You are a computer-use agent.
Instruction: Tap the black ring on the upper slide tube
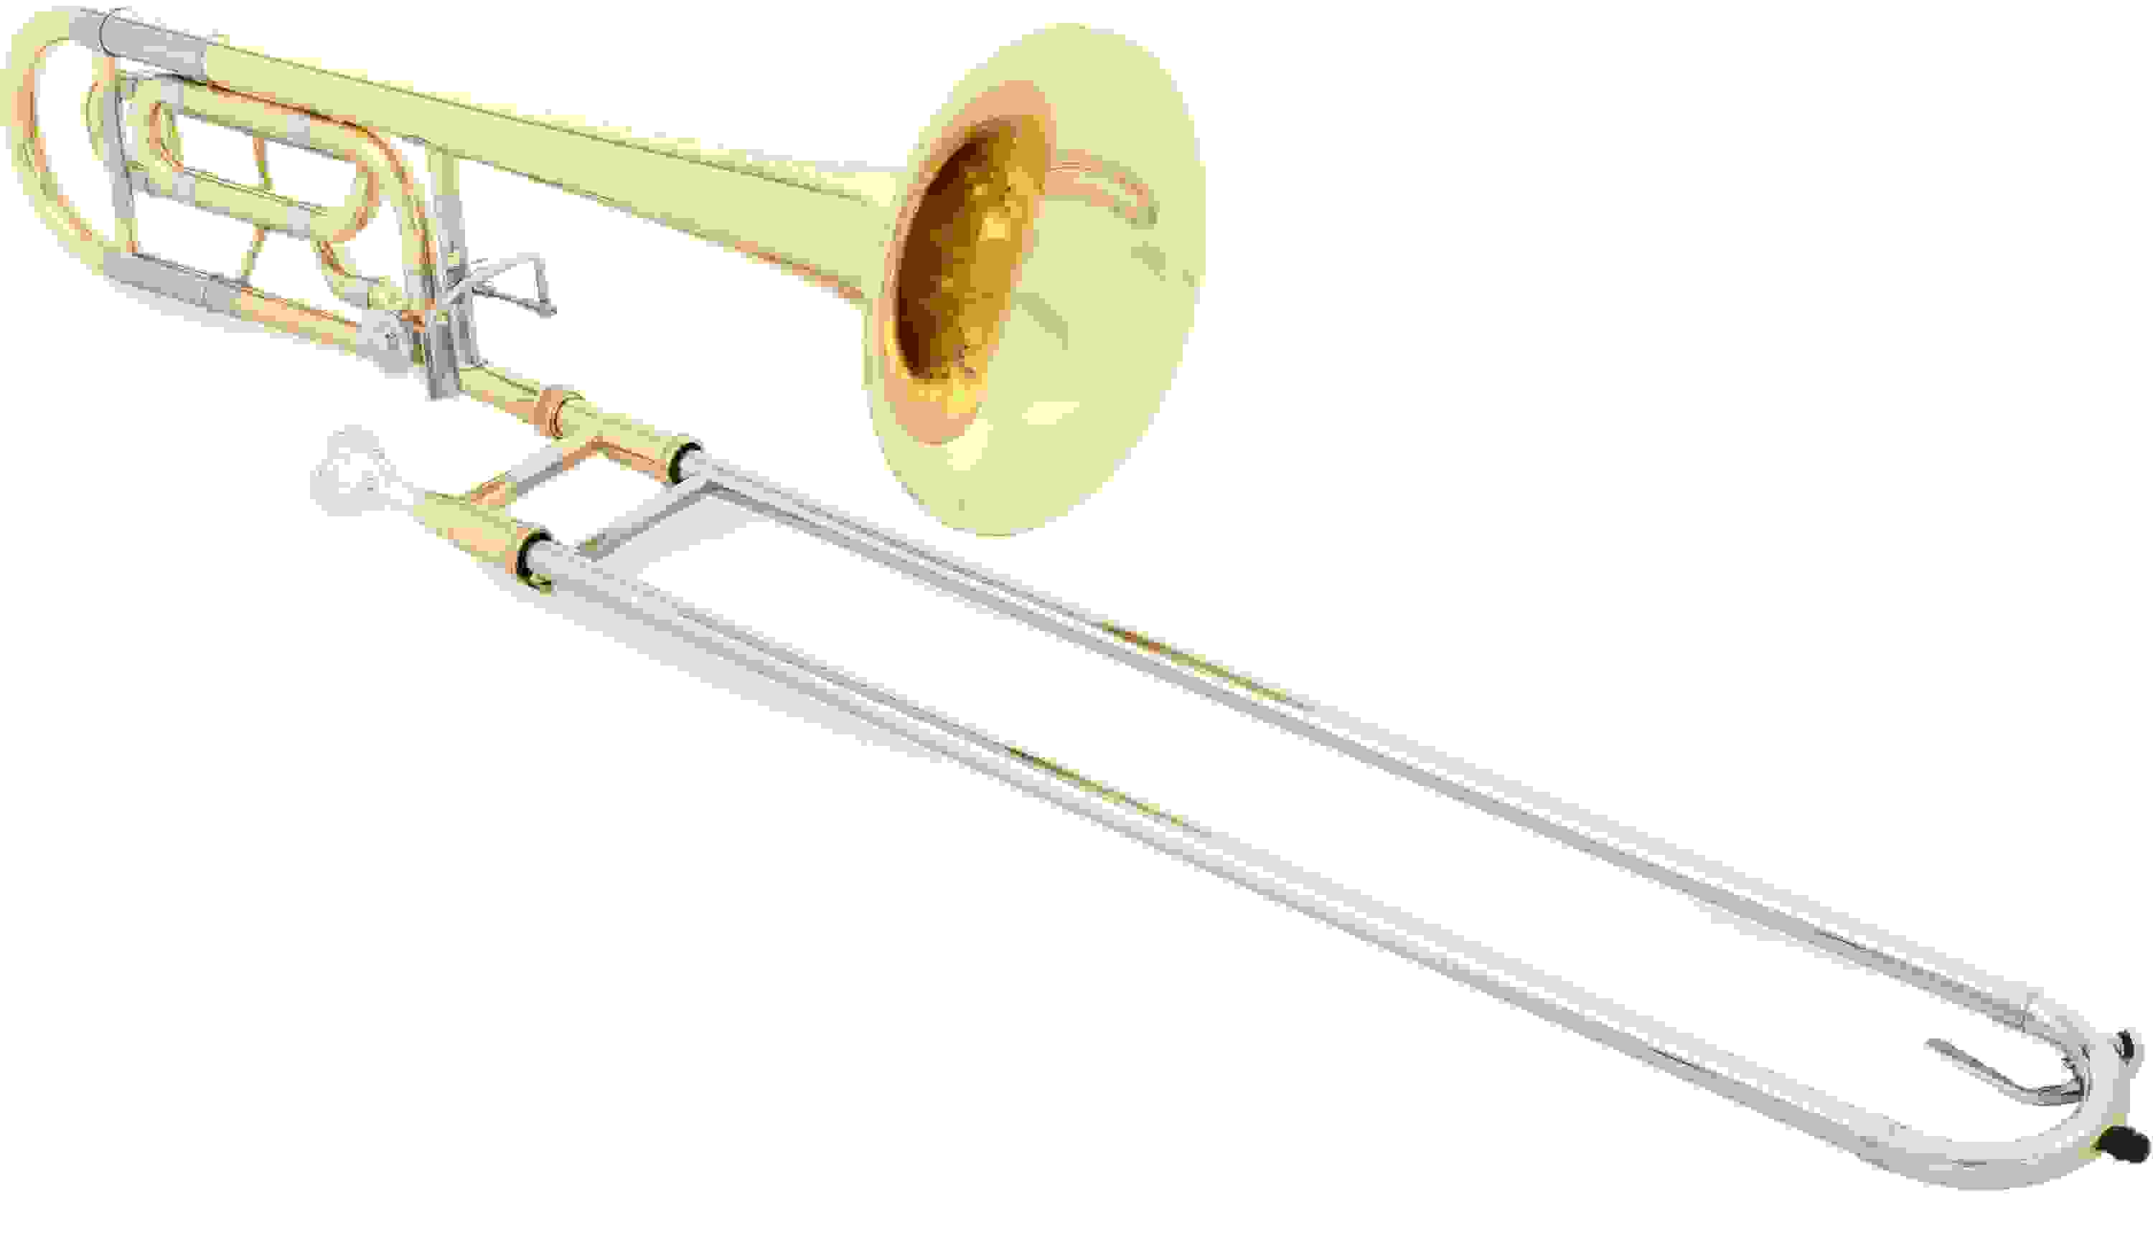[683, 458]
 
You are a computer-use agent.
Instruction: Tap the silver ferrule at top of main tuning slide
[154, 38]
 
